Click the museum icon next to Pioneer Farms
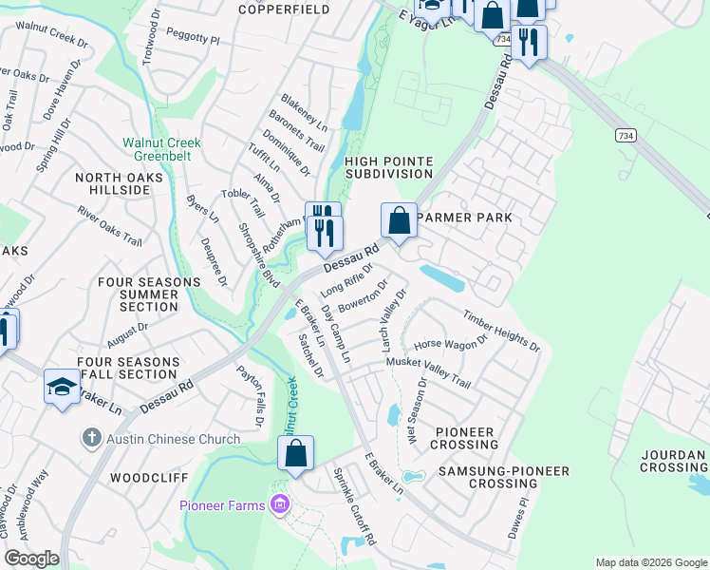(x=279, y=503)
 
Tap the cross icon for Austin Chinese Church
(x=91, y=438)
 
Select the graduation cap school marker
(x=62, y=387)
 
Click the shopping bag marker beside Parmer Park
(x=401, y=220)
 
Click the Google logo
(x=31, y=559)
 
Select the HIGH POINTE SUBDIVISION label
(x=388, y=167)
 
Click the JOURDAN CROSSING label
(x=673, y=461)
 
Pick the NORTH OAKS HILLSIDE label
(x=113, y=183)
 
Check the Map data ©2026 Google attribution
(x=650, y=561)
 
